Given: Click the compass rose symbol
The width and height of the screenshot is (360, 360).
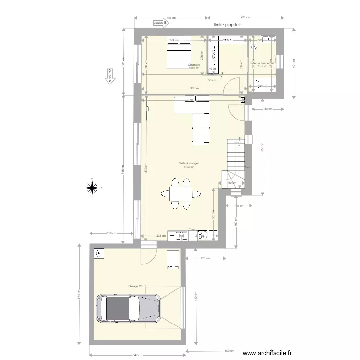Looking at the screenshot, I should (92, 188).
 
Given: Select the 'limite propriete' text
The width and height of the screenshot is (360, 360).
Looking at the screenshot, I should (228, 24).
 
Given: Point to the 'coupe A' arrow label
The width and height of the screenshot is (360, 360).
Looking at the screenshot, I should (109, 76).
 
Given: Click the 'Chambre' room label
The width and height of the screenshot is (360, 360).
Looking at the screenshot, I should (194, 65).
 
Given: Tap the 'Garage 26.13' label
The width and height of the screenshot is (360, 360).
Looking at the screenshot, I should (137, 286).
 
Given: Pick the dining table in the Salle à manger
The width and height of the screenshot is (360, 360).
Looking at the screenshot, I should (180, 193).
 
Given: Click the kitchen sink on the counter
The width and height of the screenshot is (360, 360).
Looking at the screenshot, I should (182, 235).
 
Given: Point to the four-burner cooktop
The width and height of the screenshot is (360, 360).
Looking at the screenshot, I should (202, 235).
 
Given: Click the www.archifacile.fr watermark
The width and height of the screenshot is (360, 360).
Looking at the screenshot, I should (267, 353).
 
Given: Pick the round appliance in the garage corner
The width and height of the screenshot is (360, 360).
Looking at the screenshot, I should (99, 253).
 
